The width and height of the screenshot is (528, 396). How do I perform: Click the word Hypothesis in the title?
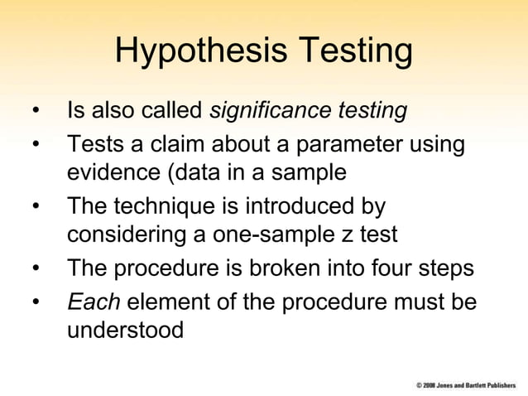tap(199, 51)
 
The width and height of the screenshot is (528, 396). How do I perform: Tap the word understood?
tap(125, 331)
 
